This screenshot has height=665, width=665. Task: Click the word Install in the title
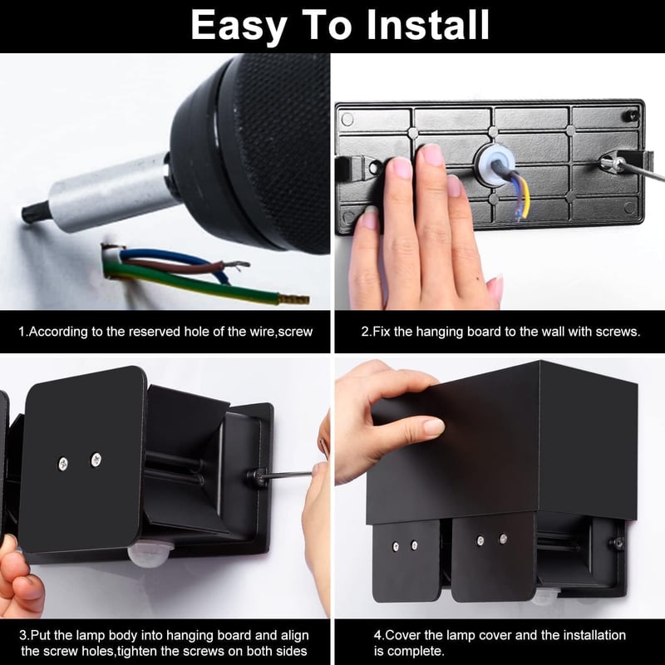click(427, 25)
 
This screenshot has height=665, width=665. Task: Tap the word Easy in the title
click(239, 27)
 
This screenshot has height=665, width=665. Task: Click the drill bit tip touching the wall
click(26, 212)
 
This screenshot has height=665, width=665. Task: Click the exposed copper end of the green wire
click(293, 299)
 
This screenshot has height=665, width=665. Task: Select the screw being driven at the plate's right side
click(611, 161)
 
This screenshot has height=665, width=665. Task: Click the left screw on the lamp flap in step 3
click(63, 464)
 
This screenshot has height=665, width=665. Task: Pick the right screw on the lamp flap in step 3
click(96, 460)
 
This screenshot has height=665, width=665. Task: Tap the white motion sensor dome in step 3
click(150, 554)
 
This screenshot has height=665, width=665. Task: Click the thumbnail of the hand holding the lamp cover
click(431, 427)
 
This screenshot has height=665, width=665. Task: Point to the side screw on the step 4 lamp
click(617, 542)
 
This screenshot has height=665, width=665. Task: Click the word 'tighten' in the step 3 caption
click(139, 651)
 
